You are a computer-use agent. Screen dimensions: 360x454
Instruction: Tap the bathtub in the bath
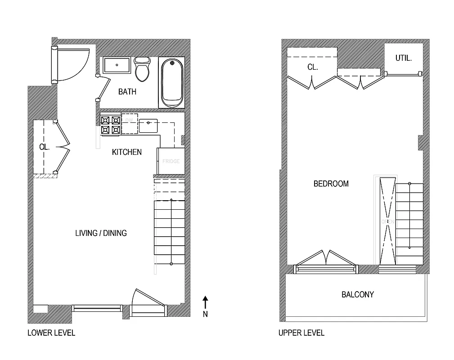pyautogui.click(x=172, y=82)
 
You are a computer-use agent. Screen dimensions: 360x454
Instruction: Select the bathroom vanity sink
pyautogui.click(x=117, y=65)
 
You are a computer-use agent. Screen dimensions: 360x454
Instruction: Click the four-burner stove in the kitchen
pyautogui.click(x=110, y=125)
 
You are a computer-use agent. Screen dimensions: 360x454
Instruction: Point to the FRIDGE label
pyautogui.click(x=171, y=161)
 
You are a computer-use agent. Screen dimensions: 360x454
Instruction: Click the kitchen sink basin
pyautogui.click(x=148, y=126)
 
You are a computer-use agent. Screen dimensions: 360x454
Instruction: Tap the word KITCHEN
pyautogui.click(x=126, y=152)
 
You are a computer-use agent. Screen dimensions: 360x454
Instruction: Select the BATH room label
pyautogui.click(x=127, y=92)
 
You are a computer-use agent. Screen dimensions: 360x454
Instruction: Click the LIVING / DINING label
pyautogui.click(x=101, y=233)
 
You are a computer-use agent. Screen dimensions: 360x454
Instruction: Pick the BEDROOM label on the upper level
pyautogui.click(x=331, y=184)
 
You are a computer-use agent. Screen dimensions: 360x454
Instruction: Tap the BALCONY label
pyautogui.click(x=358, y=295)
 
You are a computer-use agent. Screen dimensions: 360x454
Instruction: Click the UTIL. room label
pyautogui.click(x=404, y=58)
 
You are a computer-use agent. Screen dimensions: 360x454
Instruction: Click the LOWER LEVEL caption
pyautogui.click(x=51, y=333)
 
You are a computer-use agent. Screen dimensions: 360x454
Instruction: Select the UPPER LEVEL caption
pyautogui.click(x=301, y=333)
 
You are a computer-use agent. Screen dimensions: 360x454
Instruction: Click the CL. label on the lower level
pyautogui.click(x=44, y=147)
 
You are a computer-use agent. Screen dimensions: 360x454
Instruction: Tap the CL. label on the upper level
pyautogui.click(x=313, y=67)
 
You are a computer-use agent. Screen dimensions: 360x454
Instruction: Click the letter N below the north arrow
pyautogui.click(x=205, y=315)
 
